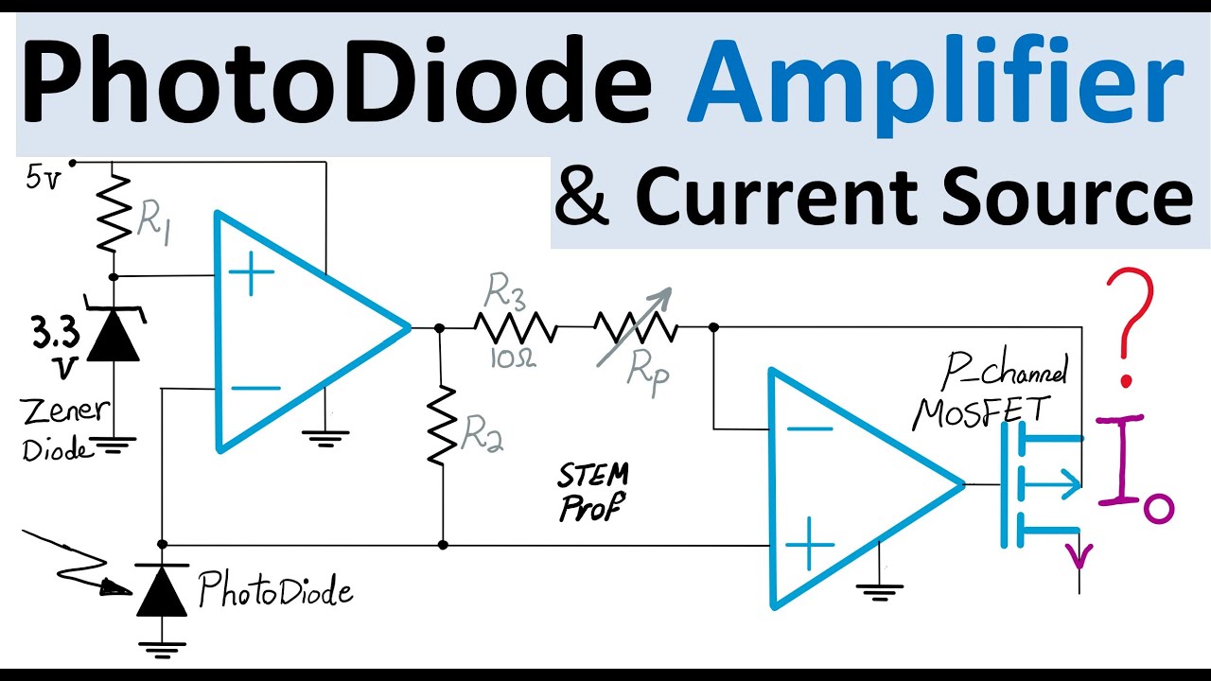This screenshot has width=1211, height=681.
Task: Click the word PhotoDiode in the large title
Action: point(336,79)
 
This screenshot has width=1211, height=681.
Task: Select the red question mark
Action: point(1129,327)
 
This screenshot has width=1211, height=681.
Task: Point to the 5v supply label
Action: point(43,179)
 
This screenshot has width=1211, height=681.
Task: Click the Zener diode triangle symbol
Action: point(114,334)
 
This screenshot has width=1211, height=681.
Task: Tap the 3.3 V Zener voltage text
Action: point(55,347)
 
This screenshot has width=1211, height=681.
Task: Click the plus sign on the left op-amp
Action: point(251,273)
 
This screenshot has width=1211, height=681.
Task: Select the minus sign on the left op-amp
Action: point(256,388)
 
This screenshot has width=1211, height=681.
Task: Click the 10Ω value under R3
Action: point(513,358)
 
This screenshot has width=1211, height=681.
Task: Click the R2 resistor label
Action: point(483,433)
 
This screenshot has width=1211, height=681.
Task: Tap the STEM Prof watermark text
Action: point(593,491)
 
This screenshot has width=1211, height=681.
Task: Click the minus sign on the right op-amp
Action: point(810,429)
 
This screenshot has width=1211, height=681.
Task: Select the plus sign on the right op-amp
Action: point(809,544)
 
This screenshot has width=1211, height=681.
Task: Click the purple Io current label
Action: point(1135,469)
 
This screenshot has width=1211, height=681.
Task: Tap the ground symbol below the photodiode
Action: point(162,649)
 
